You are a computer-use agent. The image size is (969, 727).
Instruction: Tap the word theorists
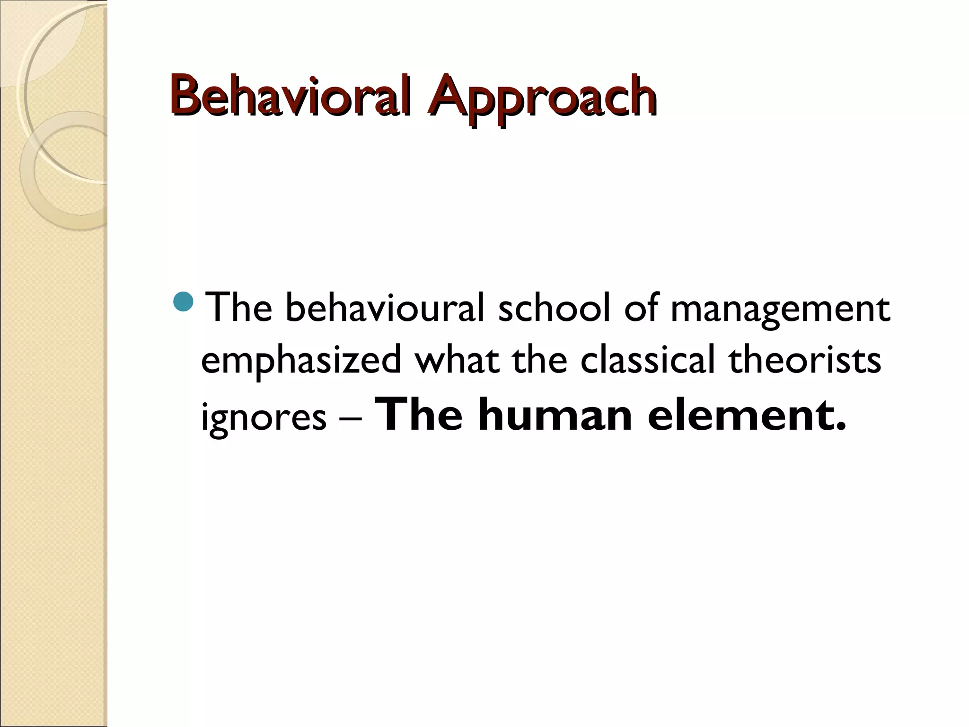(x=805, y=360)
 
